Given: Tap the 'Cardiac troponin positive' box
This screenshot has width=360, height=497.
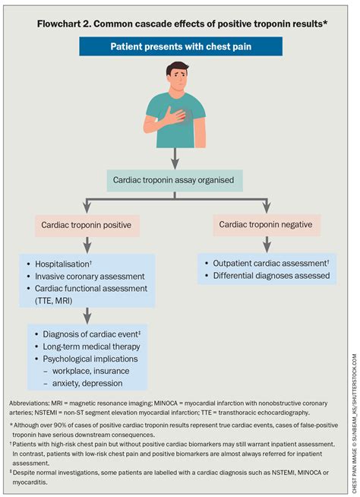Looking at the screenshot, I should pos(89,225).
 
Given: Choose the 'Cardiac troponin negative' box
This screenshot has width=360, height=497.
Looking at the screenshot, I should pos(265,225).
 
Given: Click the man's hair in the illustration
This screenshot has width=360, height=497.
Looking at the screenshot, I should pos(176,71).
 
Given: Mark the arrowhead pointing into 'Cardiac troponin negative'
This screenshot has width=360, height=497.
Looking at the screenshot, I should pos(267,208).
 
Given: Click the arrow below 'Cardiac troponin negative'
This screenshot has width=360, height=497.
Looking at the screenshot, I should pos(267,245).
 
